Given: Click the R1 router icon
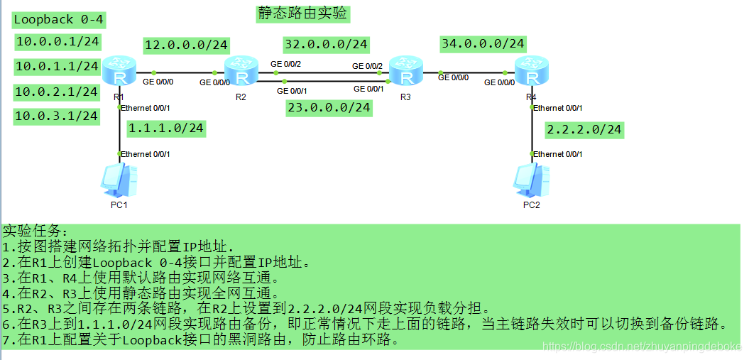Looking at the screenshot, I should tap(118, 72).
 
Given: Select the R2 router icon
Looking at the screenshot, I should tap(242, 72).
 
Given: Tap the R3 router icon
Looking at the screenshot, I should tap(405, 72).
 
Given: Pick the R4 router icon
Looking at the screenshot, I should tap(530, 72).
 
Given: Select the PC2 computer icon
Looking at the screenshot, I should tap(530, 180).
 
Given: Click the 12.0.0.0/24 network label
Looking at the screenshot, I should tap(186, 45).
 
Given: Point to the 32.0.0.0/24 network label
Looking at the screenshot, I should tap(326, 44).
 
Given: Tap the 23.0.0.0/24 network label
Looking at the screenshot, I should tap(329, 107).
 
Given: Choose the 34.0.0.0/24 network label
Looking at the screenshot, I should tap(483, 43).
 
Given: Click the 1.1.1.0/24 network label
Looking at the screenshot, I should tap(166, 128).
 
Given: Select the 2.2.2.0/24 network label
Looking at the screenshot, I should tap(584, 129).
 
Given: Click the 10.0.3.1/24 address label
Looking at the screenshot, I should tap(57, 115).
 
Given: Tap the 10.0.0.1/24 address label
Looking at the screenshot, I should tap(58, 41).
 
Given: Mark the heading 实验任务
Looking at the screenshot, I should tap(35, 232).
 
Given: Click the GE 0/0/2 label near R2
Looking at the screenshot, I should tap(286, 64).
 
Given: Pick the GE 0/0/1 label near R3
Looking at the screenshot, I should tap(368, 89).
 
